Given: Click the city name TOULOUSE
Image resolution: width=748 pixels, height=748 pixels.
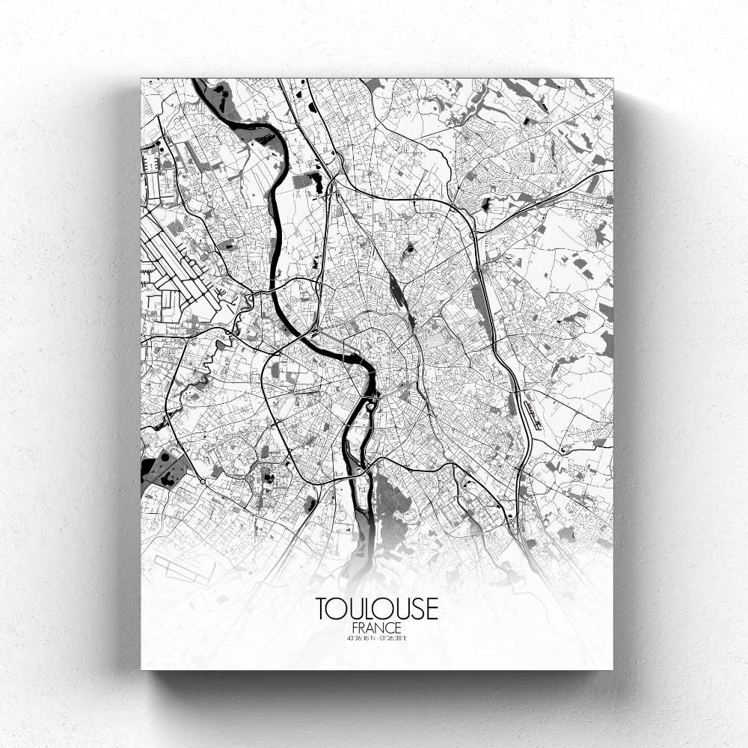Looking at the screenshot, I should click(x=376, y=608).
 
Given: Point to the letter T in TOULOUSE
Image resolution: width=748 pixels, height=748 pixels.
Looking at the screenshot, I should click(x=322, y=608).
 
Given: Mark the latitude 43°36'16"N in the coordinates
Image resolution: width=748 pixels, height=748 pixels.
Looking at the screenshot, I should click(x=361, y=638).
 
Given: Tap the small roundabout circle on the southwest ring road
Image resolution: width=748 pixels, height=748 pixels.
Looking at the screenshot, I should click(x=202, y=481).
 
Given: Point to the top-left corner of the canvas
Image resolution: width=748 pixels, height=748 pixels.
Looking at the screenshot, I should click(x=141, y=79).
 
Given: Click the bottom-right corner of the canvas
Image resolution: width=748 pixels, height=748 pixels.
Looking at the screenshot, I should click(x=612, y=669).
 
